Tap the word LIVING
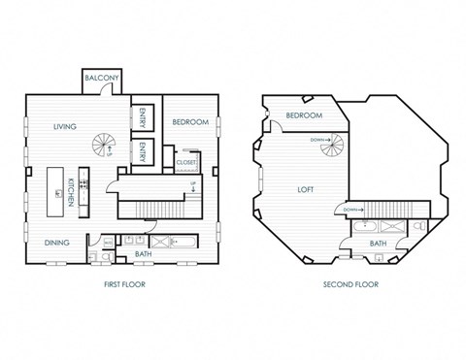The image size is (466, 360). (65, 125)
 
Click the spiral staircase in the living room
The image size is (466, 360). (102, 147)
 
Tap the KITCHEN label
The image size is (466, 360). (71, 190)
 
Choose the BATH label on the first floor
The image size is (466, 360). (144, 254)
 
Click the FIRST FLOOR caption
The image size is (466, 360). (123, 285)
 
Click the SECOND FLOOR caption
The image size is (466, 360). (351, 285)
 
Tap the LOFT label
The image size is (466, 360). (305, 190)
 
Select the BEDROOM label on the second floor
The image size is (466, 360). (304, 116)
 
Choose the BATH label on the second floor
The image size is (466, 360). (378, 244)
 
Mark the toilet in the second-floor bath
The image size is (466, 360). (416, 226)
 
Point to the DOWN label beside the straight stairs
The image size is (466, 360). (352, 208)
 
